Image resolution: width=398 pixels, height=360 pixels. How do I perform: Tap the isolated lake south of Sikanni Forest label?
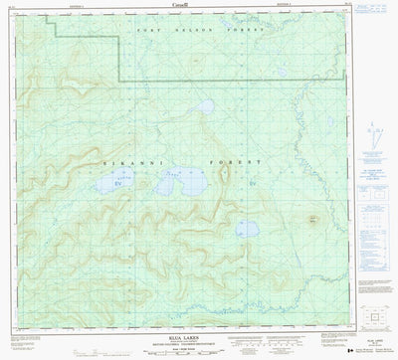coord(245,231)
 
